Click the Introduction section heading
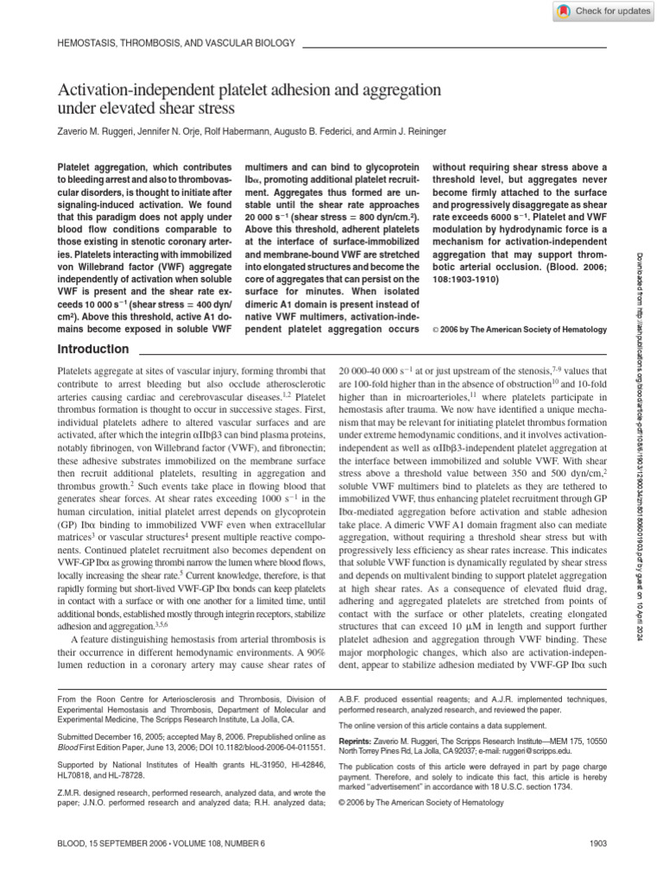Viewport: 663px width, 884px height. (92, 350)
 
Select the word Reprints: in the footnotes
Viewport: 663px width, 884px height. (359, 740)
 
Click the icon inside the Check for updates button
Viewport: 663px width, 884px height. (563, 10)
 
